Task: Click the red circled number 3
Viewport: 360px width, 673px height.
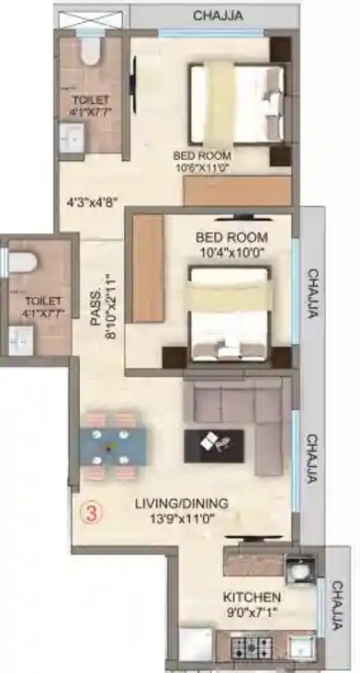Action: coord(90,511)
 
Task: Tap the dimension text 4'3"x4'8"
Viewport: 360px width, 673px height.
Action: coord(93,196)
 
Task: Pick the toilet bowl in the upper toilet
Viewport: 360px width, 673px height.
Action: coord(90,51)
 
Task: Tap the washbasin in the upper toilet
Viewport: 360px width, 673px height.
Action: coord(71,138)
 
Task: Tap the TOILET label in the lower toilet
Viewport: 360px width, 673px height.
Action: coord(43,301)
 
